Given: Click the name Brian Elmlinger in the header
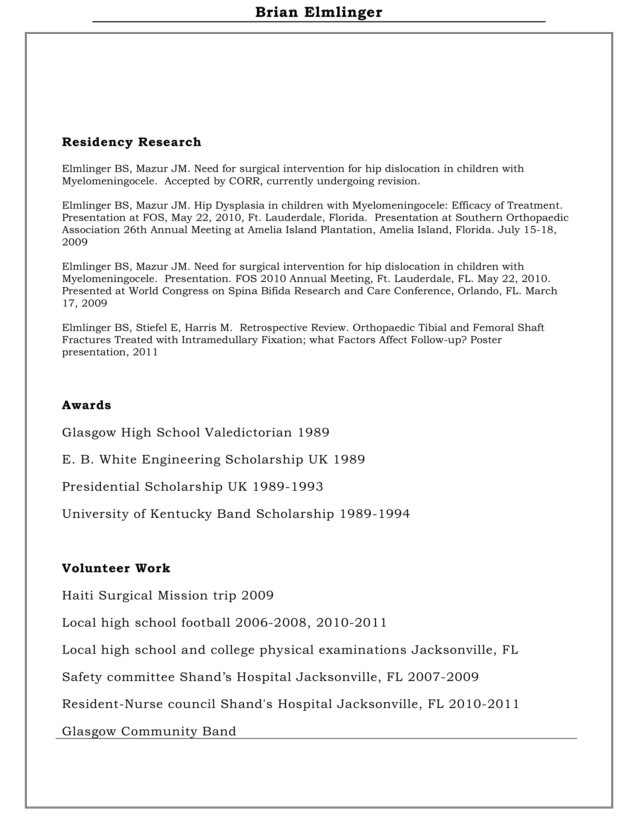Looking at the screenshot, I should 319,12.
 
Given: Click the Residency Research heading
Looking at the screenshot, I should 131,142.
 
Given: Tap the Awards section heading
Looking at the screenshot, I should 87,405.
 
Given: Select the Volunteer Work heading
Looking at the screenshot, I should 116,568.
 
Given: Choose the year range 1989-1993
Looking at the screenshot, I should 287,486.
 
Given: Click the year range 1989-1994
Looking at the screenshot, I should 375,514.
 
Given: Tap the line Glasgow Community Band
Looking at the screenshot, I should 149,731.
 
